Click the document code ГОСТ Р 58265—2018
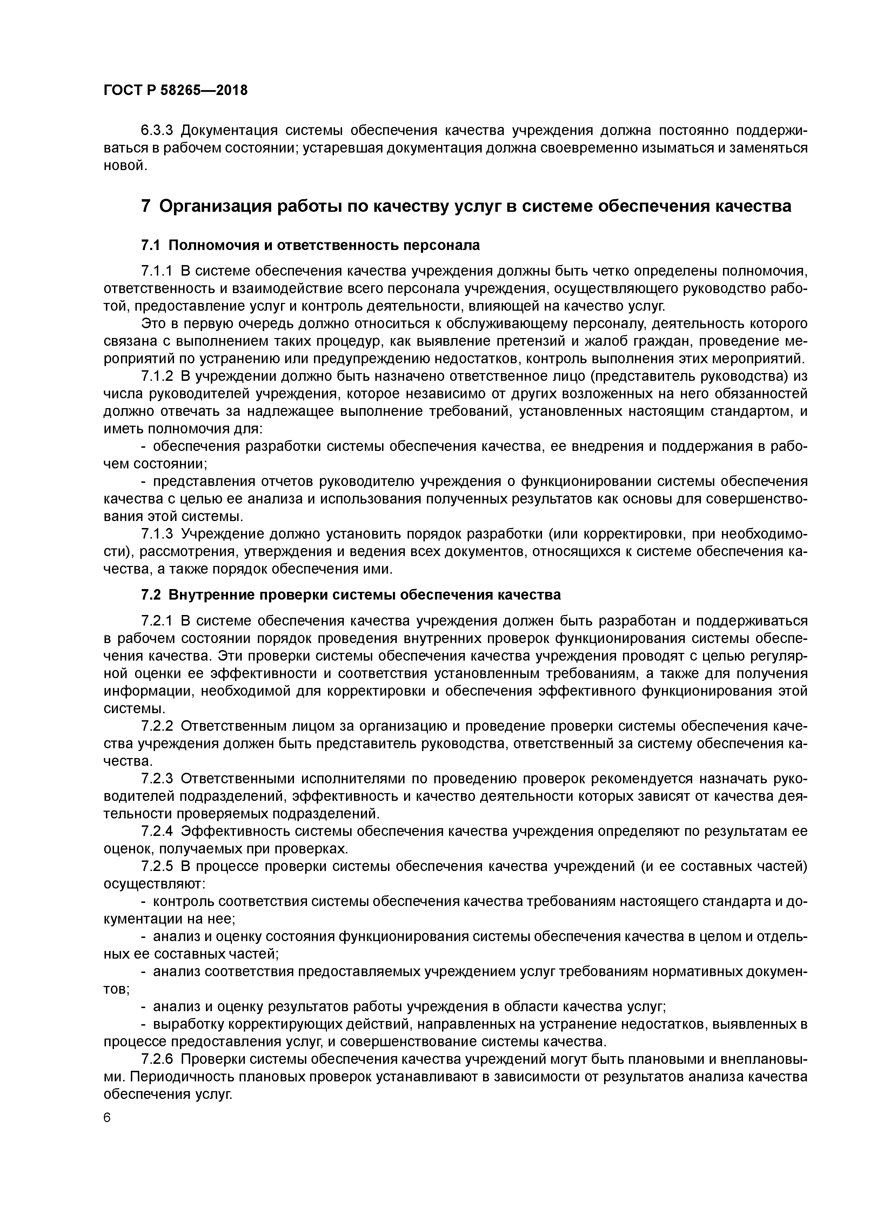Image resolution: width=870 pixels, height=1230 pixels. [x=175, y=90]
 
